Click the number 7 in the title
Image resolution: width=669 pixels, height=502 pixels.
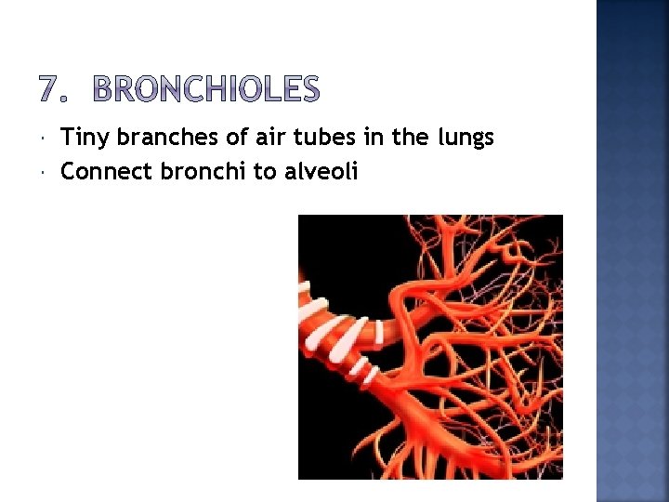(52, 90)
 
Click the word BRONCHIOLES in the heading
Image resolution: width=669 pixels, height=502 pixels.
(206, 90)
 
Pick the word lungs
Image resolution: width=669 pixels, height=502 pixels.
(465, 139)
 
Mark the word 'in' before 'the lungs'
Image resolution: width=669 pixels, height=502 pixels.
(375, 139)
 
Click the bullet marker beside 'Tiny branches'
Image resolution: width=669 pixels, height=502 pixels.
(46, 139)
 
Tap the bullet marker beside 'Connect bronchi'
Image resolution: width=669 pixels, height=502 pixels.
(46, 173)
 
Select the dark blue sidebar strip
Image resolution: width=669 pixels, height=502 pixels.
(632, 251)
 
